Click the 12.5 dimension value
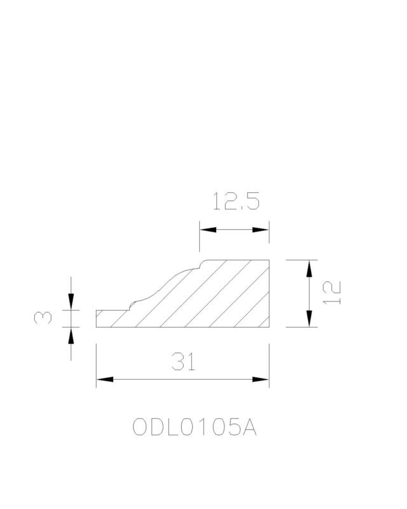pos(236,201)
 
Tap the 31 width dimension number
pos(184,361)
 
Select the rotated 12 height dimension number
pos(332,293)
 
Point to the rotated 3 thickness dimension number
pos(43,317)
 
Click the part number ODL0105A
pos(195,427)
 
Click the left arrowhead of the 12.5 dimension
pos(208,230)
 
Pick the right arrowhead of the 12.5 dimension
pos(261,230)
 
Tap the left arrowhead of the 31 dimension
pos(104,379)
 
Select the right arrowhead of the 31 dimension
pos(261,379)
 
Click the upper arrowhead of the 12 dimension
pos(309,268)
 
